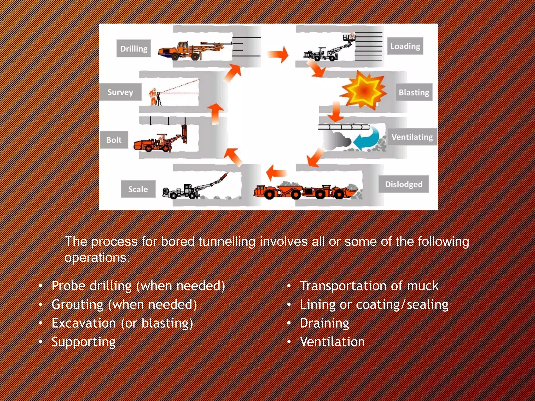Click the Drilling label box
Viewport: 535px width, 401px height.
[x=133, y=49]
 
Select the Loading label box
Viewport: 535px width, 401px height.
[x=405, y=46]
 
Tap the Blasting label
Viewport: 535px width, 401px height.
[x=414, y=92]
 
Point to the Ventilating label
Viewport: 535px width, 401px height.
[x=412, y=137]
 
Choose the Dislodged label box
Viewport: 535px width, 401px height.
[x=404, y=184]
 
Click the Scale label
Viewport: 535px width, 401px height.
[x=138, y=189]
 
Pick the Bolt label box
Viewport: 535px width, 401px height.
[x=114, y=140]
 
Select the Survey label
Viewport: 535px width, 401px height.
[x=120, y=92]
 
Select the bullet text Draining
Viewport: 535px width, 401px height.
[x=324, y=323]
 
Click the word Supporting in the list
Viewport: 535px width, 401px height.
[x=83, y=342]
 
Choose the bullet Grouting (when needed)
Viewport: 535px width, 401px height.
[x=124, y=304]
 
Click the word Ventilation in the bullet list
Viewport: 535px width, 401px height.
[x=332, y=342]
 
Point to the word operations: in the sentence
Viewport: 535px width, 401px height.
[x=97, y=257]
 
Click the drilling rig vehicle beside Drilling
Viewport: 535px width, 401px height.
[x=191, y=50]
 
